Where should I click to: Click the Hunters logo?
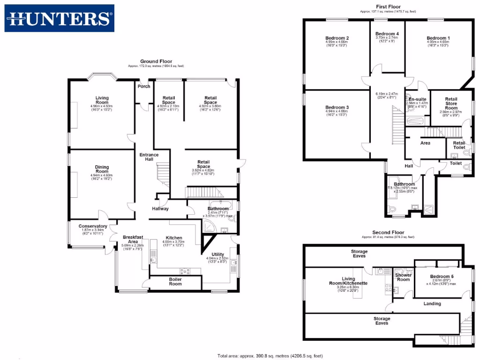point(60,18)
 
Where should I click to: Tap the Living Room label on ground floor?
point(102,100)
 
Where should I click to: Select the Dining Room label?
point(102,169)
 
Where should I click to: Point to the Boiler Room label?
point(175,281)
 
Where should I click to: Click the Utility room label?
point(217,254)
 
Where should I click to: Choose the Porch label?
point(144,86)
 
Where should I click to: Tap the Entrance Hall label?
point(149,157)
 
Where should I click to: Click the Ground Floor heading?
point(156,61)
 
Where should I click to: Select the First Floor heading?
point(388,7)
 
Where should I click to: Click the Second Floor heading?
point(388,232)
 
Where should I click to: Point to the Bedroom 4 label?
point(387,34)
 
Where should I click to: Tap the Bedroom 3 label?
point(337,108)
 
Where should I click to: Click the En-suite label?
point(417,99)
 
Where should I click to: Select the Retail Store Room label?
point(451,104)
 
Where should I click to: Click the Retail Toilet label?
point(459,145)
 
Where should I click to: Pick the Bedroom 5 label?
point(442,277)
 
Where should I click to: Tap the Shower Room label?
point(402,277)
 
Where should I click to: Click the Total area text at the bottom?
point(270,355)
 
